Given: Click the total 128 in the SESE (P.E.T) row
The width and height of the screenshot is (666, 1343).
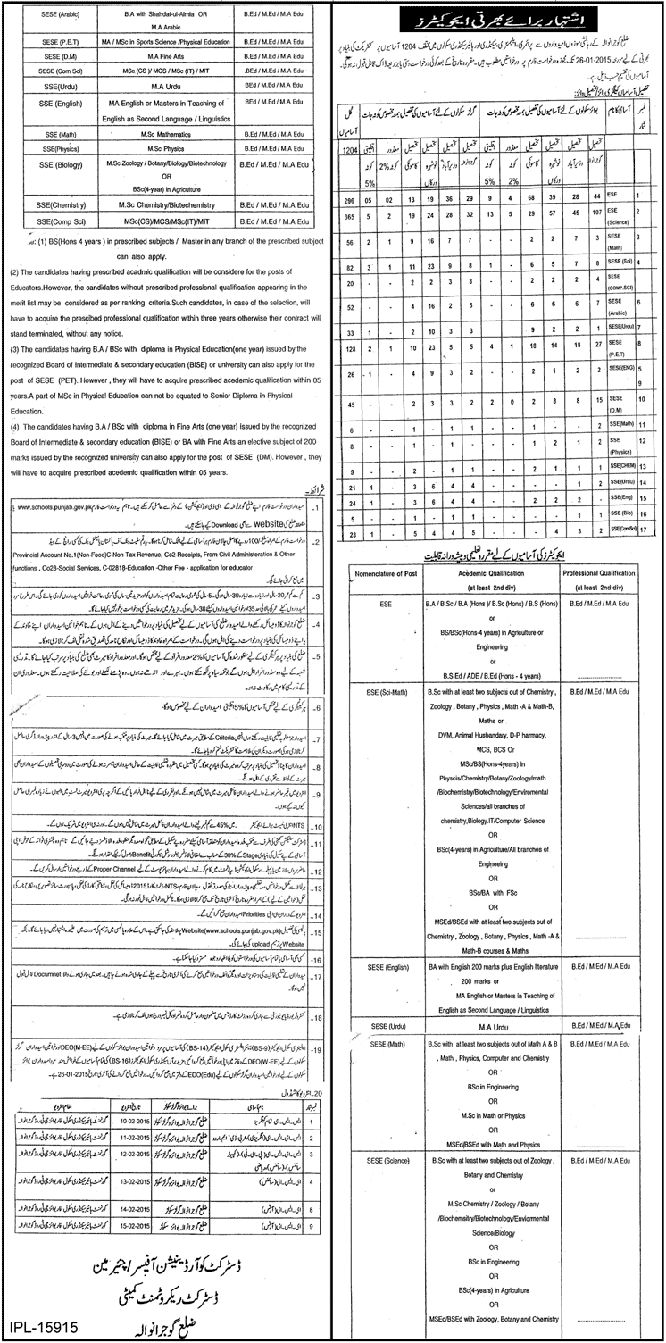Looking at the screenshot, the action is click(x=349, y=345).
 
